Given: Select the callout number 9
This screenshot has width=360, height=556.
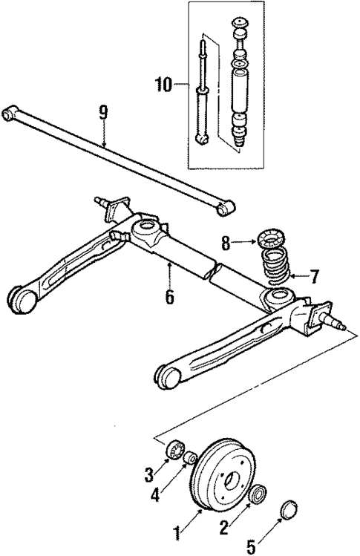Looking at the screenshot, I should click(x=103, y=112).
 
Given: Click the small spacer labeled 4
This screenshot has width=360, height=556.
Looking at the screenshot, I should click(x=190, y=458).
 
